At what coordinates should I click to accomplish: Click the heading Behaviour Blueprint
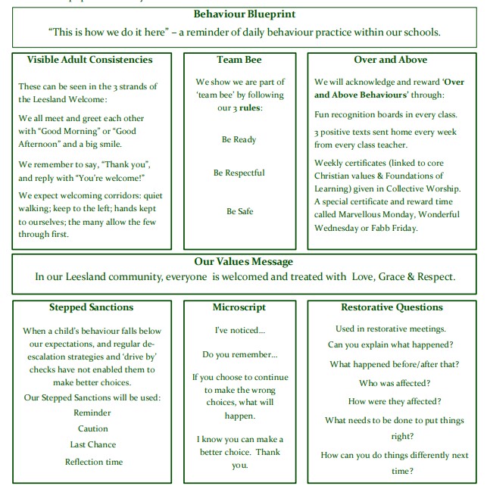245,14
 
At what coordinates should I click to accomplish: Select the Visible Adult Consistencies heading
89,60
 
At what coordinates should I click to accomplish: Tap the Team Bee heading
239,60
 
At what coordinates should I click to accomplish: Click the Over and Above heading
390,60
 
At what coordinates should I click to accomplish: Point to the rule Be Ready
239,139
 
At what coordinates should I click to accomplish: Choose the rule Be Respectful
239,173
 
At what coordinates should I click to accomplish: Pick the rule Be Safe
239,211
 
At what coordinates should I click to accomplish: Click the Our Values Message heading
244,261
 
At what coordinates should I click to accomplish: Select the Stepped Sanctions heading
91,307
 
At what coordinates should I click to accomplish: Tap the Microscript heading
239,307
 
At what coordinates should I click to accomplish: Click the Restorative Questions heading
392,307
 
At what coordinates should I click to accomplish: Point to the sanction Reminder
92,413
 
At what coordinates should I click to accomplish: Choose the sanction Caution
92,428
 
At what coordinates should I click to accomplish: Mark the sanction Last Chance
92,445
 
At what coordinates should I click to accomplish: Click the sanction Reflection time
93,462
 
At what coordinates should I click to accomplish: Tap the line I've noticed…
239,330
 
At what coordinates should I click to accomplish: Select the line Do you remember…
239,354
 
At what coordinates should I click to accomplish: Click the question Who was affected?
391,383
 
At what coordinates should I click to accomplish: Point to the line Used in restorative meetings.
391,329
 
